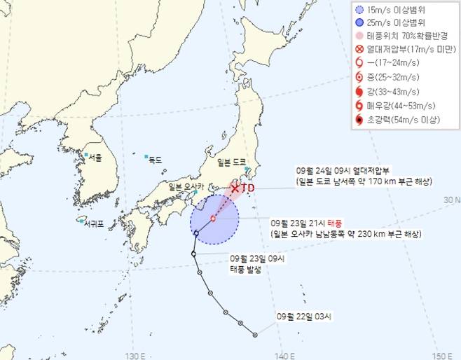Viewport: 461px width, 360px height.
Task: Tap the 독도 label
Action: pos(154,160)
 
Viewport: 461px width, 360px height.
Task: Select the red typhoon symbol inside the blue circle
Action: pos(212,218)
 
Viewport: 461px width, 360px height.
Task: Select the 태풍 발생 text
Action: pos(243,270)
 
